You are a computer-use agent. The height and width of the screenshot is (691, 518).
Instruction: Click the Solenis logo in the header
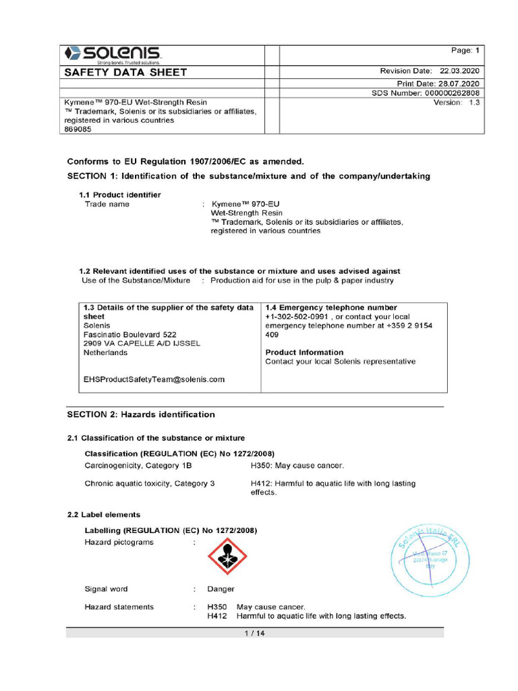tap(112, 54)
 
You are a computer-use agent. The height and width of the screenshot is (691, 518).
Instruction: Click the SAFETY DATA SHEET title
tap(125, 73)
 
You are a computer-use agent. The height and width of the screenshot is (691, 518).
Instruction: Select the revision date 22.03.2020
tap(459, 71)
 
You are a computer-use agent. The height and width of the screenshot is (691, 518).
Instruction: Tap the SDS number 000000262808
tap(451, 93)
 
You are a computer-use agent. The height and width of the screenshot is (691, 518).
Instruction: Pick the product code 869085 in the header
tap(77, 130)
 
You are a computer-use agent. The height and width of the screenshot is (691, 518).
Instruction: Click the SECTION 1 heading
tap(248, 176)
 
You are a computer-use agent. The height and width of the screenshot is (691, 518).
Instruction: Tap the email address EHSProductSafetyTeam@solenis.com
tap(154, 379)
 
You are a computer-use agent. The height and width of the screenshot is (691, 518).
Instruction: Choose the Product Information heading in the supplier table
tap(304, 352)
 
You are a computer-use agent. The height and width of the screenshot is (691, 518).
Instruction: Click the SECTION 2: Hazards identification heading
tap(141, 414)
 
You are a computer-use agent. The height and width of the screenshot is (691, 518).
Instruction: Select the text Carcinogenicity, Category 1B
tap(138, 466)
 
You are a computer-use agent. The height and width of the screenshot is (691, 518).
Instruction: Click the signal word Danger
tap(221, 589)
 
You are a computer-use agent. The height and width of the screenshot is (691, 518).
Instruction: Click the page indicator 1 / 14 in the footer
tap(254, 633)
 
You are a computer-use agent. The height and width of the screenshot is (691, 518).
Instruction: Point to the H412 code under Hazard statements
tap(217, 615)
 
